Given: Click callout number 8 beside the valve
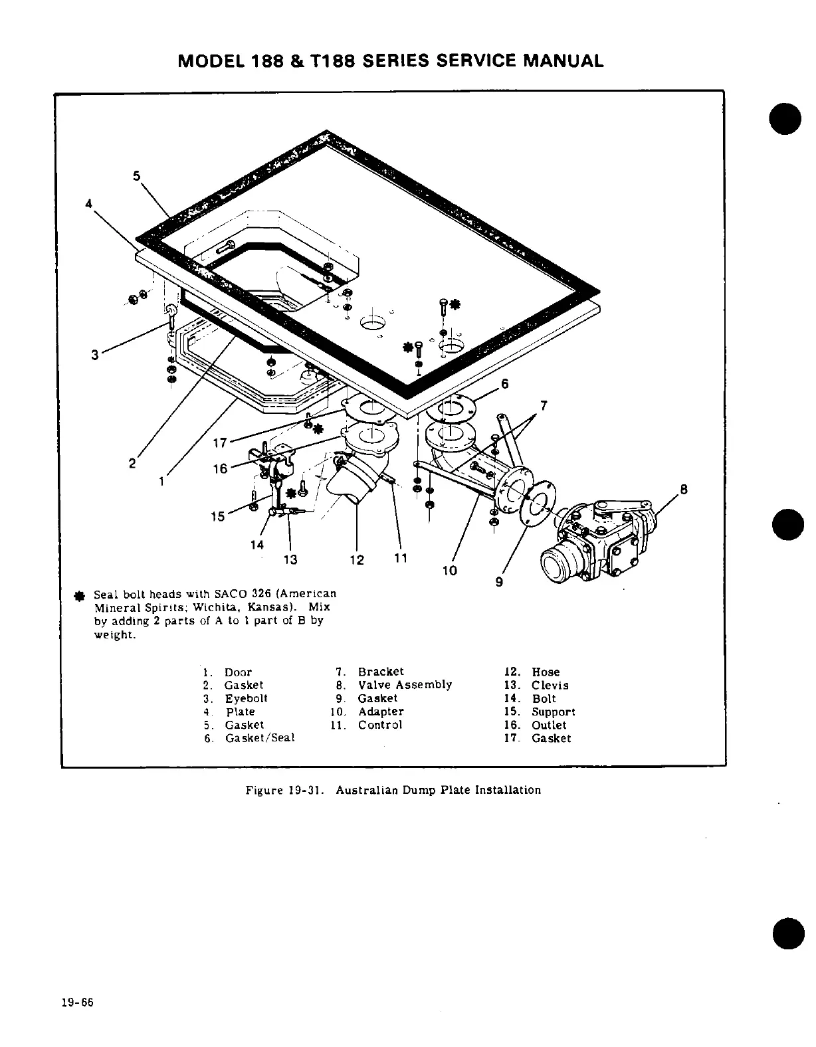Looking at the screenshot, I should (683, 492).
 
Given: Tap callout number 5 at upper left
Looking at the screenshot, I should (137, 176).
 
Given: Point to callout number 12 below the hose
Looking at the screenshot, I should (357, 560).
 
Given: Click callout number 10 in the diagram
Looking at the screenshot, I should (450, 570).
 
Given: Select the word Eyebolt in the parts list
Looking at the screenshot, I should (246, 699).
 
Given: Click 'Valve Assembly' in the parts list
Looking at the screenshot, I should (405, 685).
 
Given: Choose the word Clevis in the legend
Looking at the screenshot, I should (550, 686).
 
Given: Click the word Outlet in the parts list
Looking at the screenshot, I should (549, 725).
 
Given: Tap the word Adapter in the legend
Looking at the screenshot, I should (381, 712).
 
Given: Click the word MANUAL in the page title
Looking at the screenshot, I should (563, 61).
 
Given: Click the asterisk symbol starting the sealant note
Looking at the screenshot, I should (79, 595).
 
